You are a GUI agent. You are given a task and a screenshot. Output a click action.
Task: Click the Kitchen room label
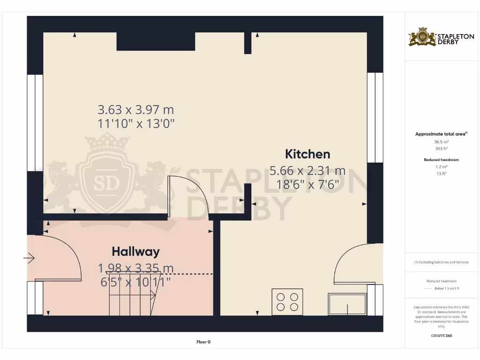[x=307, y=154]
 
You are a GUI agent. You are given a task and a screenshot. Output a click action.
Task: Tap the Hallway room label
[x=135, y=252]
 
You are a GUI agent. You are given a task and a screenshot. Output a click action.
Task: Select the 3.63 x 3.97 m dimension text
[x=135, y=110]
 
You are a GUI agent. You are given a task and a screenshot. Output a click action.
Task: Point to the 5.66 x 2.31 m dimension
[x=307, y=171]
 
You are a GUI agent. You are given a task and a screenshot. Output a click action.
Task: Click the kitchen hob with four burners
[x=287, y=301]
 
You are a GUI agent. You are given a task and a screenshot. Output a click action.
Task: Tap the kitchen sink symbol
[x=347, y=304]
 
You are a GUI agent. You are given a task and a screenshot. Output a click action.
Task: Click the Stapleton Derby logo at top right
[x=435, y=37]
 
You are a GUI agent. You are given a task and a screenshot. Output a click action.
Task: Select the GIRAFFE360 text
[x=441, y=336]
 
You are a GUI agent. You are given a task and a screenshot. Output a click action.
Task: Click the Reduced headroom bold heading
[x=441, y=160]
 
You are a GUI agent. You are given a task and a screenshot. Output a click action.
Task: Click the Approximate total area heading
[x=441, y=134]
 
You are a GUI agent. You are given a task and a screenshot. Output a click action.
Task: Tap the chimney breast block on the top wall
[x=156, y=41]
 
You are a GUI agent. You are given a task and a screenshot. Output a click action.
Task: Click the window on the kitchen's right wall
[x=375, y=117]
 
